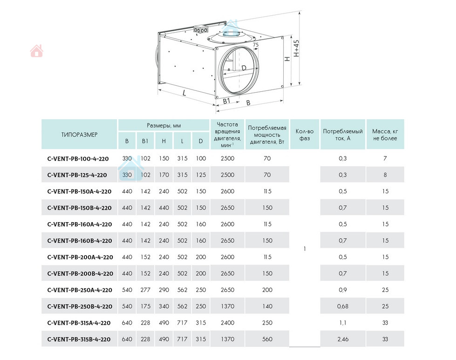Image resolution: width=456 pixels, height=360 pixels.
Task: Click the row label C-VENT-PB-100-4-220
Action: pos(78,159)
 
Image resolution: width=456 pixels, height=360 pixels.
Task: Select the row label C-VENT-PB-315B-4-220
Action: pos(79,340)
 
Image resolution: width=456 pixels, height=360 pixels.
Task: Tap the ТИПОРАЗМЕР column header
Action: pos(79,135)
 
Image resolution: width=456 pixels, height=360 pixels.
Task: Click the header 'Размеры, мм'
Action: pos(163,126)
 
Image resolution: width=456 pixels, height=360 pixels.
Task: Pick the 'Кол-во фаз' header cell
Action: pos(305,135)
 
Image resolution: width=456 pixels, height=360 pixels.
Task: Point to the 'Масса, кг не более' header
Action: pos(385,135)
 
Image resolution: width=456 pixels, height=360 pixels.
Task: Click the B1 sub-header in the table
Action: pos(145,141)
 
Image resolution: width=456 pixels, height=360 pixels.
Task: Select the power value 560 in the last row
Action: pos(267,340)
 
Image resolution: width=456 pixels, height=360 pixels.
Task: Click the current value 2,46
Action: pos(343,340)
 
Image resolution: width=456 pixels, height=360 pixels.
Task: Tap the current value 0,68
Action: pos(343,306)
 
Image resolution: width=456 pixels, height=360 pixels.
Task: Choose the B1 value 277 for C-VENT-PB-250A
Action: pos(145,290)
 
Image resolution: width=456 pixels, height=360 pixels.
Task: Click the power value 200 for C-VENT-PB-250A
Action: pos(267,290)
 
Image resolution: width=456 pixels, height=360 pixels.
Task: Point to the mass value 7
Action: pos(385,159)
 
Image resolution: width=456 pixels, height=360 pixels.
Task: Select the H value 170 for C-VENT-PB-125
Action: pos(163,175)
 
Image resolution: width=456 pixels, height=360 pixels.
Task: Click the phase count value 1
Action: pos(305,249)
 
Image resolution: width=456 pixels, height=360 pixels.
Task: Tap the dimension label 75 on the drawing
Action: pos(255,45)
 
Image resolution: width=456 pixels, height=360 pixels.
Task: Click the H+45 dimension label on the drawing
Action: pos(297,48)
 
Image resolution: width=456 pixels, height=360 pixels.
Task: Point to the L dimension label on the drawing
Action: pos(184,93)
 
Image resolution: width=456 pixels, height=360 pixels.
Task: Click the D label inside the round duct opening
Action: pos(244,68)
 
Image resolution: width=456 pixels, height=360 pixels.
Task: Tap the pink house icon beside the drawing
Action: pos(36,51)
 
